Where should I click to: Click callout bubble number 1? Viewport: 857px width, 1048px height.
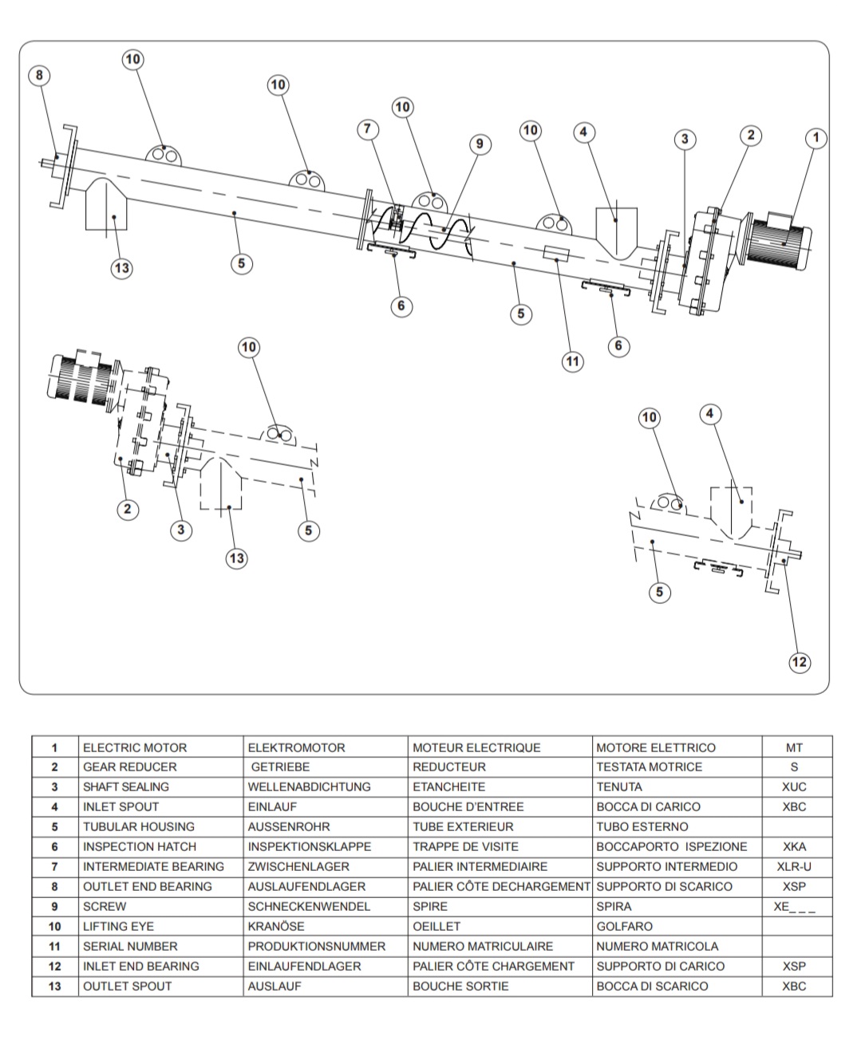point(816,138)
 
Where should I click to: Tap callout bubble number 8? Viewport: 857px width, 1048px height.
point(38,76)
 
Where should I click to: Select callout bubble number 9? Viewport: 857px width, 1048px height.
point(479,144)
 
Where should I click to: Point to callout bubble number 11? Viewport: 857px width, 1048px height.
point(572,361)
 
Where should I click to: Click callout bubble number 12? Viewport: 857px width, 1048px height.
point(799,662)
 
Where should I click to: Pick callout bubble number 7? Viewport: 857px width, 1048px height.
point(366,129)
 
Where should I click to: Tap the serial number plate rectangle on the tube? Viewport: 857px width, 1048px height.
point(554,253)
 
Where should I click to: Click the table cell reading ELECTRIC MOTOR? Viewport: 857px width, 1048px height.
point(135,748)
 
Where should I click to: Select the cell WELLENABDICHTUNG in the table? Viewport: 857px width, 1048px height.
point(310,787)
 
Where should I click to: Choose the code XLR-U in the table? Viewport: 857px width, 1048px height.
point(794,867)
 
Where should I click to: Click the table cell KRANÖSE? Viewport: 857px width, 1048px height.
point(276,927)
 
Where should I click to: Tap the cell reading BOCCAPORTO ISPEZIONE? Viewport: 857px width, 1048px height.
point(672,847)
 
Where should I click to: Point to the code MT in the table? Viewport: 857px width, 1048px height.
point(794,748)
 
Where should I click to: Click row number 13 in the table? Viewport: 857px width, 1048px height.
point(54,987)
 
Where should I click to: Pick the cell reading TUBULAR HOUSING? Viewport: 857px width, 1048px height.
point(139,827)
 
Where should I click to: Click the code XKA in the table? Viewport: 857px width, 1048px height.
point(794,847)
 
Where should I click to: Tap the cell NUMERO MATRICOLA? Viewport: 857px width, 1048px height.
point(658,947)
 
